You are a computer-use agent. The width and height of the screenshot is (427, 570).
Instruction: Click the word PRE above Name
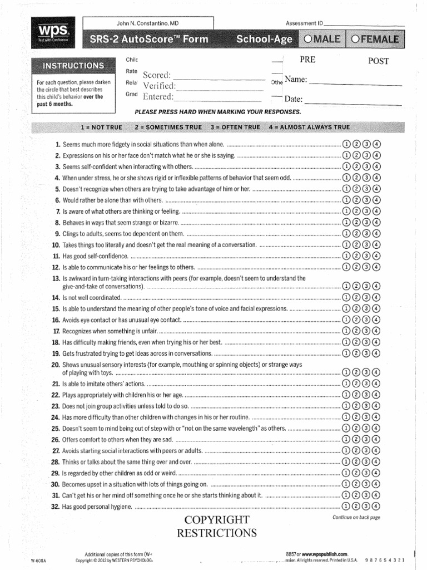(x=307, y=60)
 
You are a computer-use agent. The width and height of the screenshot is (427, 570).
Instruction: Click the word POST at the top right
(x=378, y=61)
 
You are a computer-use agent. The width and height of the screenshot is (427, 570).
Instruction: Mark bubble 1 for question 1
(x=347, y=145)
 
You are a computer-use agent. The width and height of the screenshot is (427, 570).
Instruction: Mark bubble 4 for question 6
(x=377, y=200)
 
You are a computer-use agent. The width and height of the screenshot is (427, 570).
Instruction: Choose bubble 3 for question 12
(x=367, y=267)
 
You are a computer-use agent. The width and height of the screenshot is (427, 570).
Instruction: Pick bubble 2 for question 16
(x=357, y=320)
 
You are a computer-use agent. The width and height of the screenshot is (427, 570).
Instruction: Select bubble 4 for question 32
(x=377, y=506)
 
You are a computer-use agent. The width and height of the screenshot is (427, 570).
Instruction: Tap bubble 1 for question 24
(x=347, y=417)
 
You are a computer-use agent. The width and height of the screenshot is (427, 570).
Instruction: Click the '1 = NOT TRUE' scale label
(x=101, y=127)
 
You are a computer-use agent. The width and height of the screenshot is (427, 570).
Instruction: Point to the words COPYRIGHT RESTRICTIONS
(x=217, y=526)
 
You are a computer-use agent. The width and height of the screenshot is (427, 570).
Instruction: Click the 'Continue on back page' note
(x=356, y=517)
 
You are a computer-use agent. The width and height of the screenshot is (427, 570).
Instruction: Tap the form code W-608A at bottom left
(x=41, y=561)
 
